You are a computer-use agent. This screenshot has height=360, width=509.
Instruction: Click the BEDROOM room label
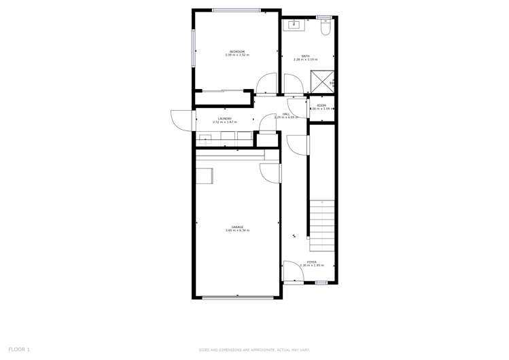pyautogui.click(x=237, y=52)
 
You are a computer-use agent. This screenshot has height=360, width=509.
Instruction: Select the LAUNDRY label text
pyautogui.click(x=225, y=119)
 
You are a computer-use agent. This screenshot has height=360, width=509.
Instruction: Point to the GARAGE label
pyautogui.click(x=237, y=227)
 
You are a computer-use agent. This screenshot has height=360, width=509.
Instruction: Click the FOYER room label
pyautogui.click(x=311, y=262)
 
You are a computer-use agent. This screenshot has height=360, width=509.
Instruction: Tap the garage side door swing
pyautogui.click(x=272, y=173)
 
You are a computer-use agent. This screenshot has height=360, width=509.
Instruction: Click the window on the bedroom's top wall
pyautogui.click(x=236, y=10)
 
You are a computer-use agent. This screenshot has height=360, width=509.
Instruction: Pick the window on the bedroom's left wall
pyautogui.click(x=194, y=48)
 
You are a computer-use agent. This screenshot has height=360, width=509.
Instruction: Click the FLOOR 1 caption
pyautogui.click(x=19, y=349)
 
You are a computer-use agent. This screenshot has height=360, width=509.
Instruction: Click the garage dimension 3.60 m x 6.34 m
pyautogui.click(x=237, y=231)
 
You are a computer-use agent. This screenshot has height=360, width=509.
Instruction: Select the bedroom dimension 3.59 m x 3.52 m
pyautogui.click(x=237, y=55)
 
